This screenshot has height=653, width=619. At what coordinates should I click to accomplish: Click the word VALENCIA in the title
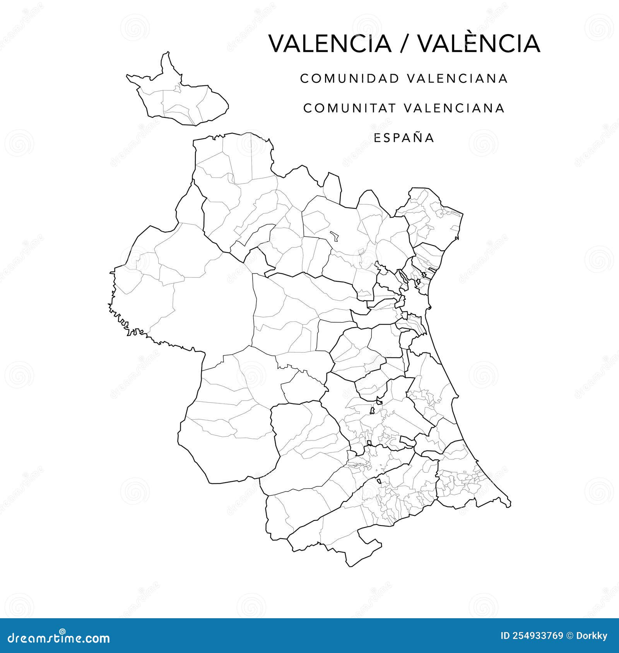coord(330,44)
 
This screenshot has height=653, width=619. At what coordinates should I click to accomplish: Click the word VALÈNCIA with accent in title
coord(479,44)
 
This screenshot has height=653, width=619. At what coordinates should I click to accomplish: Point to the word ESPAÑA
coord(404,138)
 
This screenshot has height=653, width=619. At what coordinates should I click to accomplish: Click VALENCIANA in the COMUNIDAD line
coord(457,78)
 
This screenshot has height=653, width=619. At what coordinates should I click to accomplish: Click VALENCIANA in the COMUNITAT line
coord(455,108)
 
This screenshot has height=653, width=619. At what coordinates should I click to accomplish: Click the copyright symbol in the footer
coord(570,636)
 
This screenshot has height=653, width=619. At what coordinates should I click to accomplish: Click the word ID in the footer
coord(505,636)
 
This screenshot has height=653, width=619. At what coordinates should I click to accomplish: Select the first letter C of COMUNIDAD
coord(305,78)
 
